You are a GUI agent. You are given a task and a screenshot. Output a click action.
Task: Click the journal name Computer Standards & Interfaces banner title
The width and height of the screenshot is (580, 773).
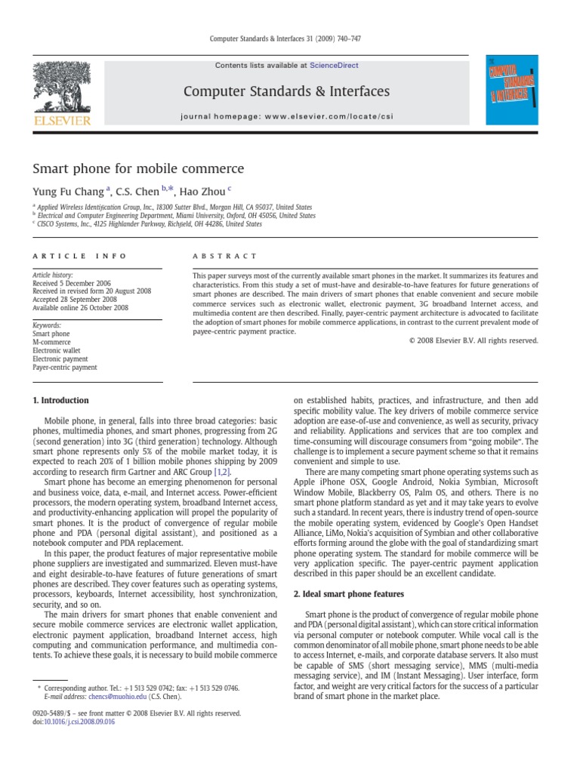[x=287, y=91]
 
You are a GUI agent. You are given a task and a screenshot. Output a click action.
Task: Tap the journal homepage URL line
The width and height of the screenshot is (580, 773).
[x=287, y=116]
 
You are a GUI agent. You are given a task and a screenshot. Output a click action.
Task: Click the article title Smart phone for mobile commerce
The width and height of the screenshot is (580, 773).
[x=137, y=168]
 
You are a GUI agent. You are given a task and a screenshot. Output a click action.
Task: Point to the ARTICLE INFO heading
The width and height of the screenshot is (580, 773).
[x=79, y=257]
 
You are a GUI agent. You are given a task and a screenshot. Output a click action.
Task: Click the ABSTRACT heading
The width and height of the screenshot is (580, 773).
[x=225, y=257]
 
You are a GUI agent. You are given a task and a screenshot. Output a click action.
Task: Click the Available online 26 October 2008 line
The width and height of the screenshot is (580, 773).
[x=80, y=308]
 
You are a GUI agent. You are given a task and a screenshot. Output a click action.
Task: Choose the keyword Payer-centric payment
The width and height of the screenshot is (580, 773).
[x=65, y=368]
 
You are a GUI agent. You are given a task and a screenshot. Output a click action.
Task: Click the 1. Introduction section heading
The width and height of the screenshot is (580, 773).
[x=60, y=400]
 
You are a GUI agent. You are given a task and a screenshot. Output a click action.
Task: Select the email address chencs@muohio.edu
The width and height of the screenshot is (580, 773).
[x=106, y=698]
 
